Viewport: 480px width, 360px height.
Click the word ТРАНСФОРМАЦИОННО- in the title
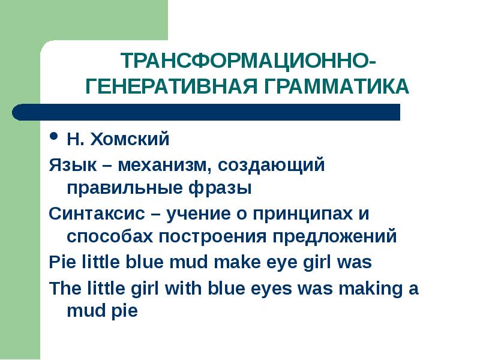tap(249, 61)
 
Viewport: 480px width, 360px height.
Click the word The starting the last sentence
tap(65, 288)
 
